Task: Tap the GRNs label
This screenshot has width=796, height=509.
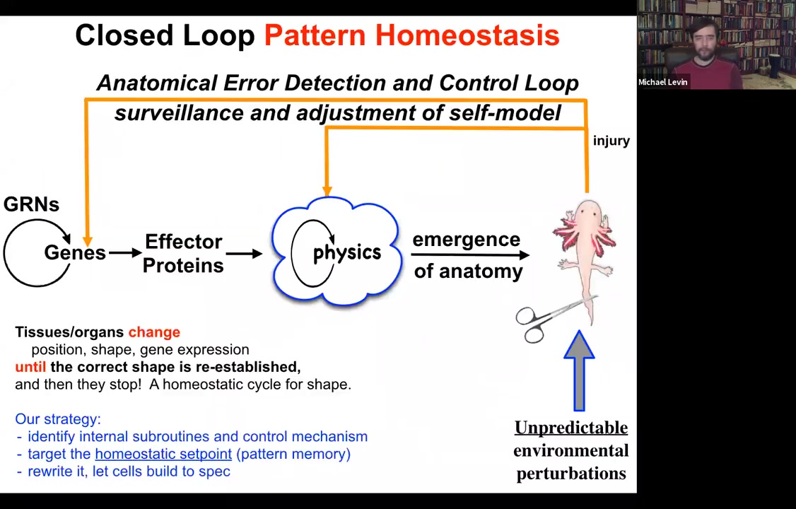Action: tap(31, 204)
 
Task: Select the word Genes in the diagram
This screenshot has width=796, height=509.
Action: tap(74, 252)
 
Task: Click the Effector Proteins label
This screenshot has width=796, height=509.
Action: tap(184, 253)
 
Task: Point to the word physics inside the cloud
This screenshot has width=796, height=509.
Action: tap(346, 252)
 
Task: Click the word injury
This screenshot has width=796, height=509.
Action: tap(611, 141)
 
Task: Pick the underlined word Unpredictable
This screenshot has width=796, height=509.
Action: tap(570, 428)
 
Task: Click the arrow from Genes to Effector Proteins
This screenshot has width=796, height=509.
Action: tap(124, 252)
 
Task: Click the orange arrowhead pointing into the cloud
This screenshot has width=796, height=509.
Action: tap(327, 189)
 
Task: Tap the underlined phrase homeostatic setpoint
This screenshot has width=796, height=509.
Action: tap(163, 454)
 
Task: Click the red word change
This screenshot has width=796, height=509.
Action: tap(154, 332)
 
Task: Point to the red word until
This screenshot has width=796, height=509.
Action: tap(30, 367)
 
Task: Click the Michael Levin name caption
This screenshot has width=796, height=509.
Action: tap(662, 82)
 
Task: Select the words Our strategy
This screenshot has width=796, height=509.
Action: tap(58, 419)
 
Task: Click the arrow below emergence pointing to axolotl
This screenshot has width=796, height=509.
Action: tap(470, 255)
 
